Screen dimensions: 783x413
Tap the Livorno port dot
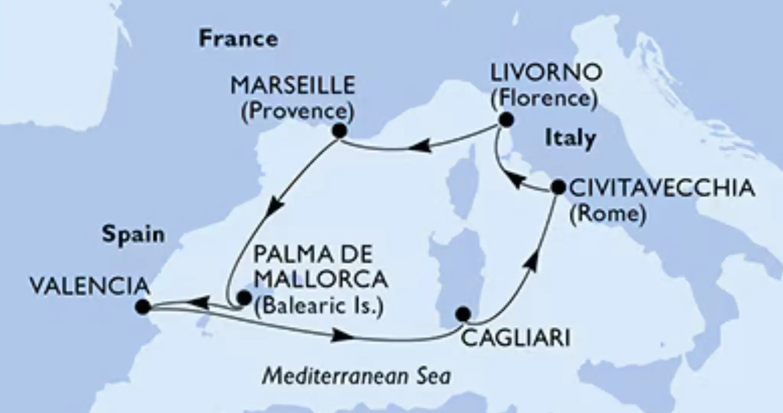[507, 120]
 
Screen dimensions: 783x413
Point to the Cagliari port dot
[464, 314]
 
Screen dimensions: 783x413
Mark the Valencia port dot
[143, 306]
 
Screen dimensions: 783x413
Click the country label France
[238, 39]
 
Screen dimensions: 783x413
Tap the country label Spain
[133, 234]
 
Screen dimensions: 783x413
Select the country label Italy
[570, 138]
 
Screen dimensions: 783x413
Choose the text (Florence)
[544, 99]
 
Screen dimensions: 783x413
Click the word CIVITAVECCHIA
[662, 189]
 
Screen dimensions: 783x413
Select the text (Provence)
[297, 112]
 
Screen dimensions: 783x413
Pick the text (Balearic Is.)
[318, 307]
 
